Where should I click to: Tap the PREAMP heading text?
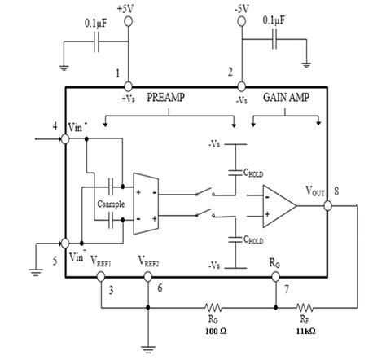[x=168, y=95]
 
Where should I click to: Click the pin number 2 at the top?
[x=230, y=72]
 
